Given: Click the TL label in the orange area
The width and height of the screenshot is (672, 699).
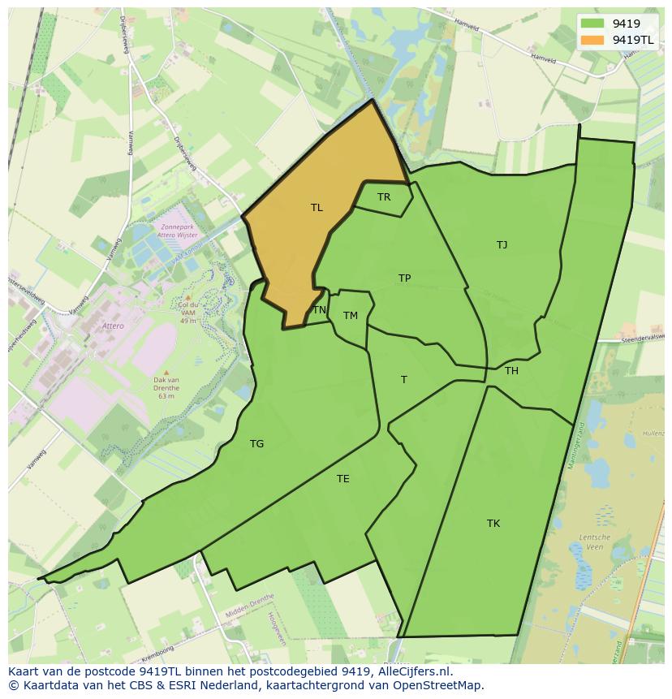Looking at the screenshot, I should [x=317, y=208].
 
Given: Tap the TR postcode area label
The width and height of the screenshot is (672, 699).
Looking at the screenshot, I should [x=384, y=197].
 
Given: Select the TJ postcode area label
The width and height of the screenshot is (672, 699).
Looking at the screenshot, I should [x=502, y=244].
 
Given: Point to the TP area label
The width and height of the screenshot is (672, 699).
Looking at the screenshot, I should [x=404, y=278].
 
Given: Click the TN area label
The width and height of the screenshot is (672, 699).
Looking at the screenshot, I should [x=320, y=310].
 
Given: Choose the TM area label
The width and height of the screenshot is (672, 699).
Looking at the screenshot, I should [x=350, y=316].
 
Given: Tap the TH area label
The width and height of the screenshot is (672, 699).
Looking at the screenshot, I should [x=511, y=371].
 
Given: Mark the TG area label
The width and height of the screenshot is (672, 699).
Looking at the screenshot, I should [x=256, y=444].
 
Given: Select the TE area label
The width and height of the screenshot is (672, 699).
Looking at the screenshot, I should [x=343, y=479].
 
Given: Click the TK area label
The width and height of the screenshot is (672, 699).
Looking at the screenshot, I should [x=493, y=524].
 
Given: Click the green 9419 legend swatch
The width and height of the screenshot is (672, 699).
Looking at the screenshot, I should [x=592, y=24].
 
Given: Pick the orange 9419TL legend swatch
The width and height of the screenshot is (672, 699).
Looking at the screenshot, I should [x=592, y=40].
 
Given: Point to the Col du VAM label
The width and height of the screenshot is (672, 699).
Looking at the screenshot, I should [x=188, y=309].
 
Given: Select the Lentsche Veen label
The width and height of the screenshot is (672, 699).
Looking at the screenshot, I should [x=594, y=542].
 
